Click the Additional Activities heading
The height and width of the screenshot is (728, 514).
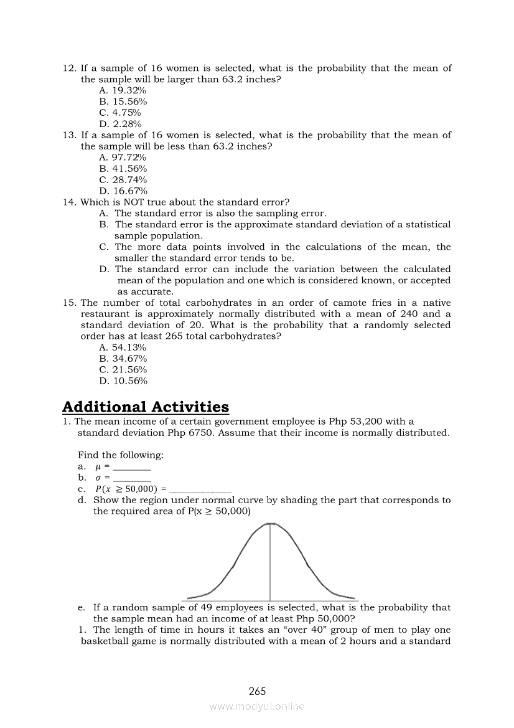146,407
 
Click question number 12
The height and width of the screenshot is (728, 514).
69,69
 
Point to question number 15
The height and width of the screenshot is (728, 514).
69,303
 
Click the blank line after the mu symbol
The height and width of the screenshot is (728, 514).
132,467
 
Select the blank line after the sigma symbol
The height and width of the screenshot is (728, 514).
132,478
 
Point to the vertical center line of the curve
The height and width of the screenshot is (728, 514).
269,560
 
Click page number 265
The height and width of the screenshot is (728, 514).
257,691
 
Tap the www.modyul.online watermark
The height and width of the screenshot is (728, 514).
257,707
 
